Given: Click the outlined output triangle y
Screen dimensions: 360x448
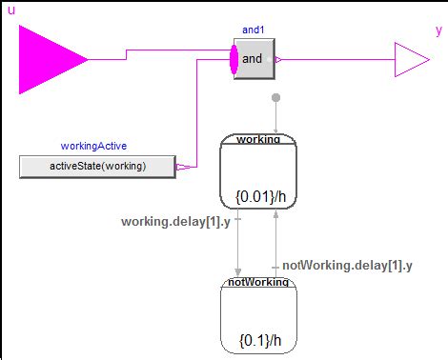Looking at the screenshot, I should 410,59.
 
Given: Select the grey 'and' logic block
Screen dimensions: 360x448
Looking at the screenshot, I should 254,59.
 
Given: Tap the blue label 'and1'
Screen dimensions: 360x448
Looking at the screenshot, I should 253,30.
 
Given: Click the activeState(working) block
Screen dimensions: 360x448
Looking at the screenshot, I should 97,167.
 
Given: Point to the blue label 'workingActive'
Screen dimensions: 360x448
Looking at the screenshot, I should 93,147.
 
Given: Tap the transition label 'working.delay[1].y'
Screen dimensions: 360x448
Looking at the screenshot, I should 175,222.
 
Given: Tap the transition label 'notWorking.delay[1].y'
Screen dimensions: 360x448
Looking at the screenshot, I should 347,265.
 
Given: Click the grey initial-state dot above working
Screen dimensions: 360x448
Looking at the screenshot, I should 275,97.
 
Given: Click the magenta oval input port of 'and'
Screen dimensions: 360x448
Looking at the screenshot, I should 234,59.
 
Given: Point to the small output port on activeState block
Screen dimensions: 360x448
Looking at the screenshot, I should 181,167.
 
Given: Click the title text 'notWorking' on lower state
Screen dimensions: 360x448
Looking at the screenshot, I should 258,283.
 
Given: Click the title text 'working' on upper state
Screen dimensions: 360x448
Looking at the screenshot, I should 258,139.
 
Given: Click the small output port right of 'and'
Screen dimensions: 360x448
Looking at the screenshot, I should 277,59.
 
